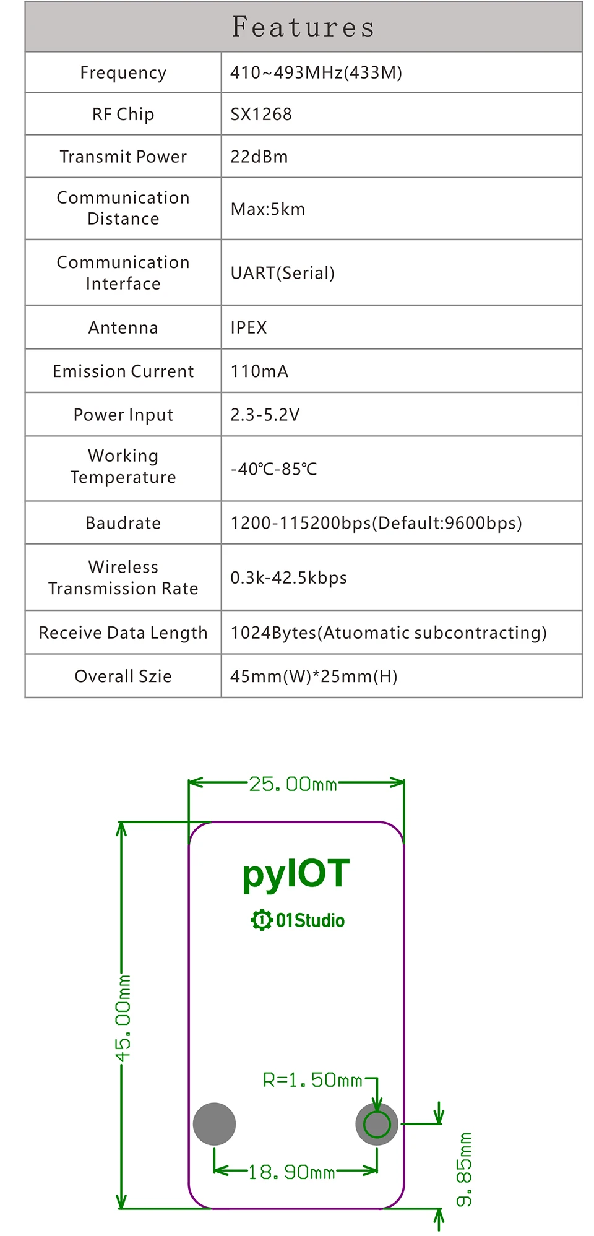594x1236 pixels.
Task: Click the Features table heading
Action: pos(303,27)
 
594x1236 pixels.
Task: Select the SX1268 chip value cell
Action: pos(261,115)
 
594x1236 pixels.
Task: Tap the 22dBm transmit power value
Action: pos(259,157)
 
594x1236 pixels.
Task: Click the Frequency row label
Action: pos(123,73)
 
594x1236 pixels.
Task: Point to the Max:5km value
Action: pos(268,209)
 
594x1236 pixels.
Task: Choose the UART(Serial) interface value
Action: pos(283,273)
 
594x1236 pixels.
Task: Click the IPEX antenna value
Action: pos(249,327)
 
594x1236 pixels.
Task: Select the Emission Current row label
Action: pos(123,371)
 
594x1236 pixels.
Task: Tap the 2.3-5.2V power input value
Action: pos(265,415)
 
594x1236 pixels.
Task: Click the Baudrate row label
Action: pos(123,523)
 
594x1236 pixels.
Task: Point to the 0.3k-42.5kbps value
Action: pos(288,577)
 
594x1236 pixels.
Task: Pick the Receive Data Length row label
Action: pos(123,633)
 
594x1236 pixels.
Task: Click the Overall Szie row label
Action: pos(123,676)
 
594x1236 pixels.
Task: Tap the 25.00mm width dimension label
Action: pos(293,784)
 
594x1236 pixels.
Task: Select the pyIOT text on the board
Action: pos(296,875)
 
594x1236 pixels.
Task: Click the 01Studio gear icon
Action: pos(261,920)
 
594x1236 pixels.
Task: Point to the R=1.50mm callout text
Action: pos(312,1080)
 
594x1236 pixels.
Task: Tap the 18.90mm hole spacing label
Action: pos(291,1172)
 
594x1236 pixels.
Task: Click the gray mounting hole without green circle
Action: pos(215,1123)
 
